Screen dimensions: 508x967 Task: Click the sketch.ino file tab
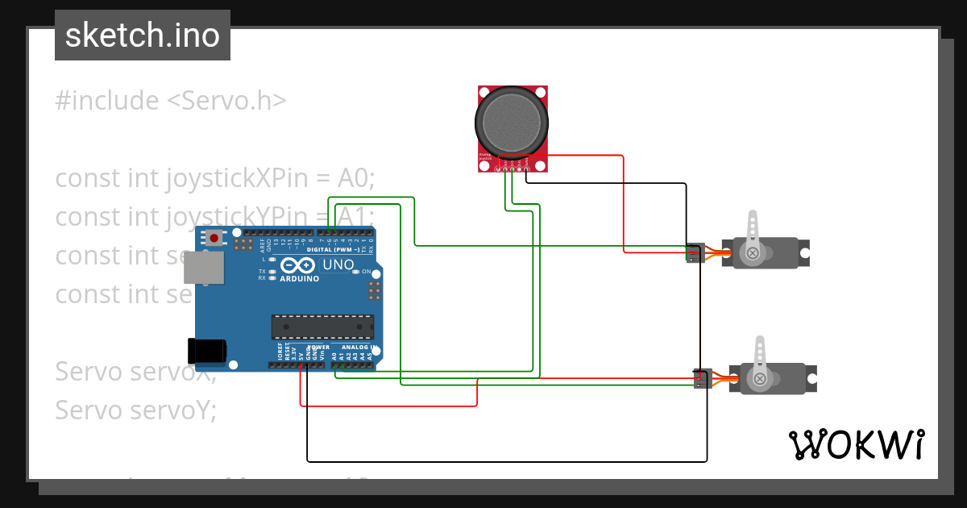[x=143, y=35]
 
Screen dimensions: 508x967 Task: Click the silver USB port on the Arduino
[x=204, y=267]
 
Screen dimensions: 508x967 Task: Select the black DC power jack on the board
[x=206, y=351]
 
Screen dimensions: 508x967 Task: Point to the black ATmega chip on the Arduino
[x=322, y=326]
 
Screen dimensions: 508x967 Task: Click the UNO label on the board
[x=338, y=264]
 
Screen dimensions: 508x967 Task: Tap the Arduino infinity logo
[x=299, y=265]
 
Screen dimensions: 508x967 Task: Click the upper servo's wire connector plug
[x=694, y=252]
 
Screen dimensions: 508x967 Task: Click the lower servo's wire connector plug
[x=702, y=378]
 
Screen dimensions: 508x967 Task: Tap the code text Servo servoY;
[x=135, y=410]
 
